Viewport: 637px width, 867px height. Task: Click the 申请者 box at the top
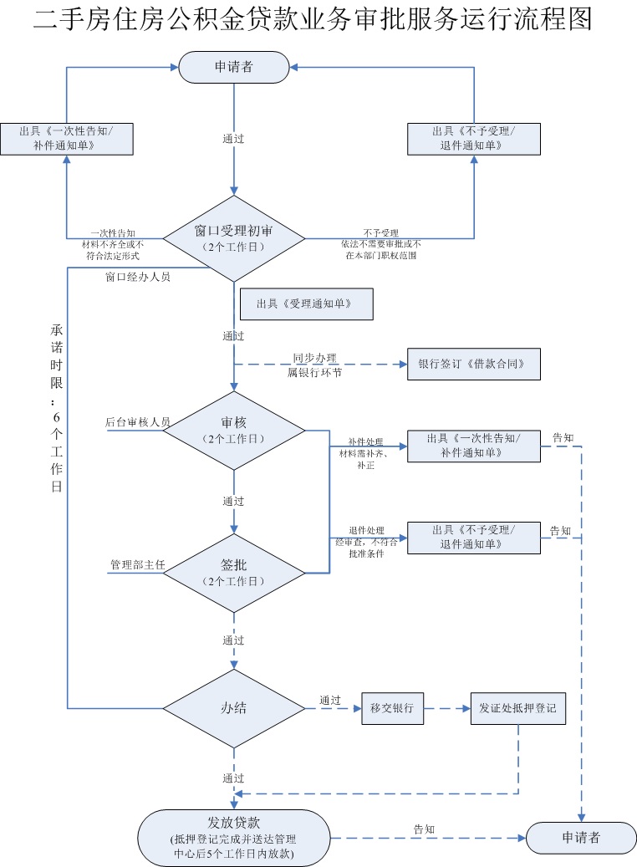[234, 67]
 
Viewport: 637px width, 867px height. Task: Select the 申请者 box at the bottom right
[580, 837]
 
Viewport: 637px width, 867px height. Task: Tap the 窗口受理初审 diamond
[234, 238]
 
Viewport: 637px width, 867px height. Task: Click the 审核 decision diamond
[234, 431]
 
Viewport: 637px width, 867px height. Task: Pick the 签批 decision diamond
[234, 573]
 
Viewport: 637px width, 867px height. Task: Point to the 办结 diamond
[234, 708]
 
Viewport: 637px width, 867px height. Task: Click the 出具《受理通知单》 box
[306, 304]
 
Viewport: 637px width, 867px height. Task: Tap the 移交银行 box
[392, 708]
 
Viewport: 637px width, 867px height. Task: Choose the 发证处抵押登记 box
[518, 708]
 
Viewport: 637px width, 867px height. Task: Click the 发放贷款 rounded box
[234, 837]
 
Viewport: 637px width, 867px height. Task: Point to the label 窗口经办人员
[138, 277]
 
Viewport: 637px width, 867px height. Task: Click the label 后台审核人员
[138, 422]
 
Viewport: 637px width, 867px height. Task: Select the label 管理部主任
[138, 565]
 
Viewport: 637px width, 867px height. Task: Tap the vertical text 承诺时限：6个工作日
[56, 407]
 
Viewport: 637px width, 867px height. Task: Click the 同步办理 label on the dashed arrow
[314, 357]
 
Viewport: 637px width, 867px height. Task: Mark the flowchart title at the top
[313, 19]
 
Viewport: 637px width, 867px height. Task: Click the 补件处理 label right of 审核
[366, 441]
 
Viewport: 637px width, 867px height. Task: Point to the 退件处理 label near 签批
[366, 531]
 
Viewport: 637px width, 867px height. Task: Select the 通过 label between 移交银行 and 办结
[330, 700]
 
